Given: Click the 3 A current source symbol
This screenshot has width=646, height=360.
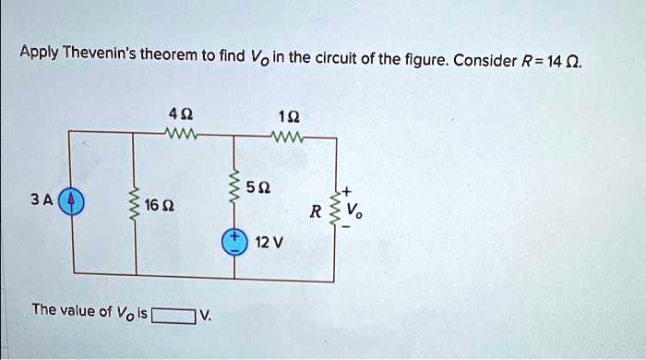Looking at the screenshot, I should click(x=74, y=200).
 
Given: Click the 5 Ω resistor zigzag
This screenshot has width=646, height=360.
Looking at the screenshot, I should click(x=234, y=189).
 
